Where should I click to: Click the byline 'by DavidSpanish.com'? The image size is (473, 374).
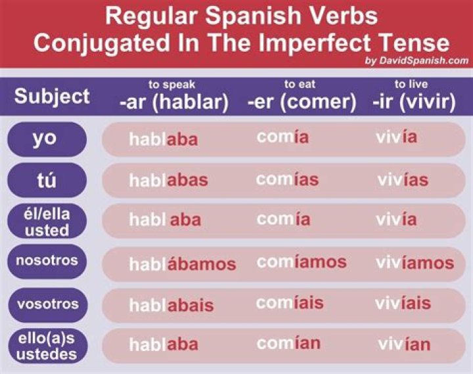point(416,61)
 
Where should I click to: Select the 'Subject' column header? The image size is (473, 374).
point(52,97)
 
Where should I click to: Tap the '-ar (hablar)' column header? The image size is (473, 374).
point(173,102)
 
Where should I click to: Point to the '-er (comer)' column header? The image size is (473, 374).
point(302,102)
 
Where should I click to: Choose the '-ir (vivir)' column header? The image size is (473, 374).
point(414,102)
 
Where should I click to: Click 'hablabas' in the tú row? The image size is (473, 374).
point(168,180)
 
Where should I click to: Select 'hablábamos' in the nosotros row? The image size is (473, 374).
point(182,264)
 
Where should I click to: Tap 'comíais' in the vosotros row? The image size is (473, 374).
point(290,303)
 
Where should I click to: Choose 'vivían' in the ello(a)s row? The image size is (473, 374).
point(404,344)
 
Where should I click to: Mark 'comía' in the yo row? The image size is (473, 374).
point(282,137)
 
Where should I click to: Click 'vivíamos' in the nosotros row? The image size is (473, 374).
point(415,263)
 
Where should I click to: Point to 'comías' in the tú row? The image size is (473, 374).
point(287,179)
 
